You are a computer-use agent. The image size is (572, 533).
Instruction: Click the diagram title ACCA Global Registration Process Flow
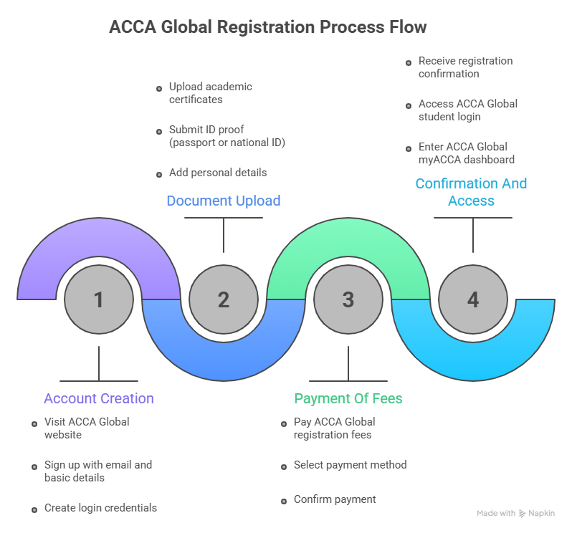[267, 27]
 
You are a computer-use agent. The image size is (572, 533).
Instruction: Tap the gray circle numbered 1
[99, 299]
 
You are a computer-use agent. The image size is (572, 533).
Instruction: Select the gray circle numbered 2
[224, 299]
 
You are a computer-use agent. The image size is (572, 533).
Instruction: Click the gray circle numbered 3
[348, 299]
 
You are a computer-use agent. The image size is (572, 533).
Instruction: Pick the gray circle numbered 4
[473, 299]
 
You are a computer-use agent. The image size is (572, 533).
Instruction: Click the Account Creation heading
[99, 398]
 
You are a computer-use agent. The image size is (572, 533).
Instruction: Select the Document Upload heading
[224, 201]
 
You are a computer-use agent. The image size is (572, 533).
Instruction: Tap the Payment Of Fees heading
[348, 398]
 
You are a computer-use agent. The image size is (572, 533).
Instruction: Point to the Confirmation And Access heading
[471, 191]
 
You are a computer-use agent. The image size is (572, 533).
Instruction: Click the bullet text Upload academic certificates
[210, 93]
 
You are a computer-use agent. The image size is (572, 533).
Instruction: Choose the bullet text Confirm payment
[335, 499]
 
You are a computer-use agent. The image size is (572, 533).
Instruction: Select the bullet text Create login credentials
[100, 508]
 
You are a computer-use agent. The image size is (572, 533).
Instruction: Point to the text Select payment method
[350, 465]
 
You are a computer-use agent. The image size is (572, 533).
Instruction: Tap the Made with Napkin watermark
[515, 513]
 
